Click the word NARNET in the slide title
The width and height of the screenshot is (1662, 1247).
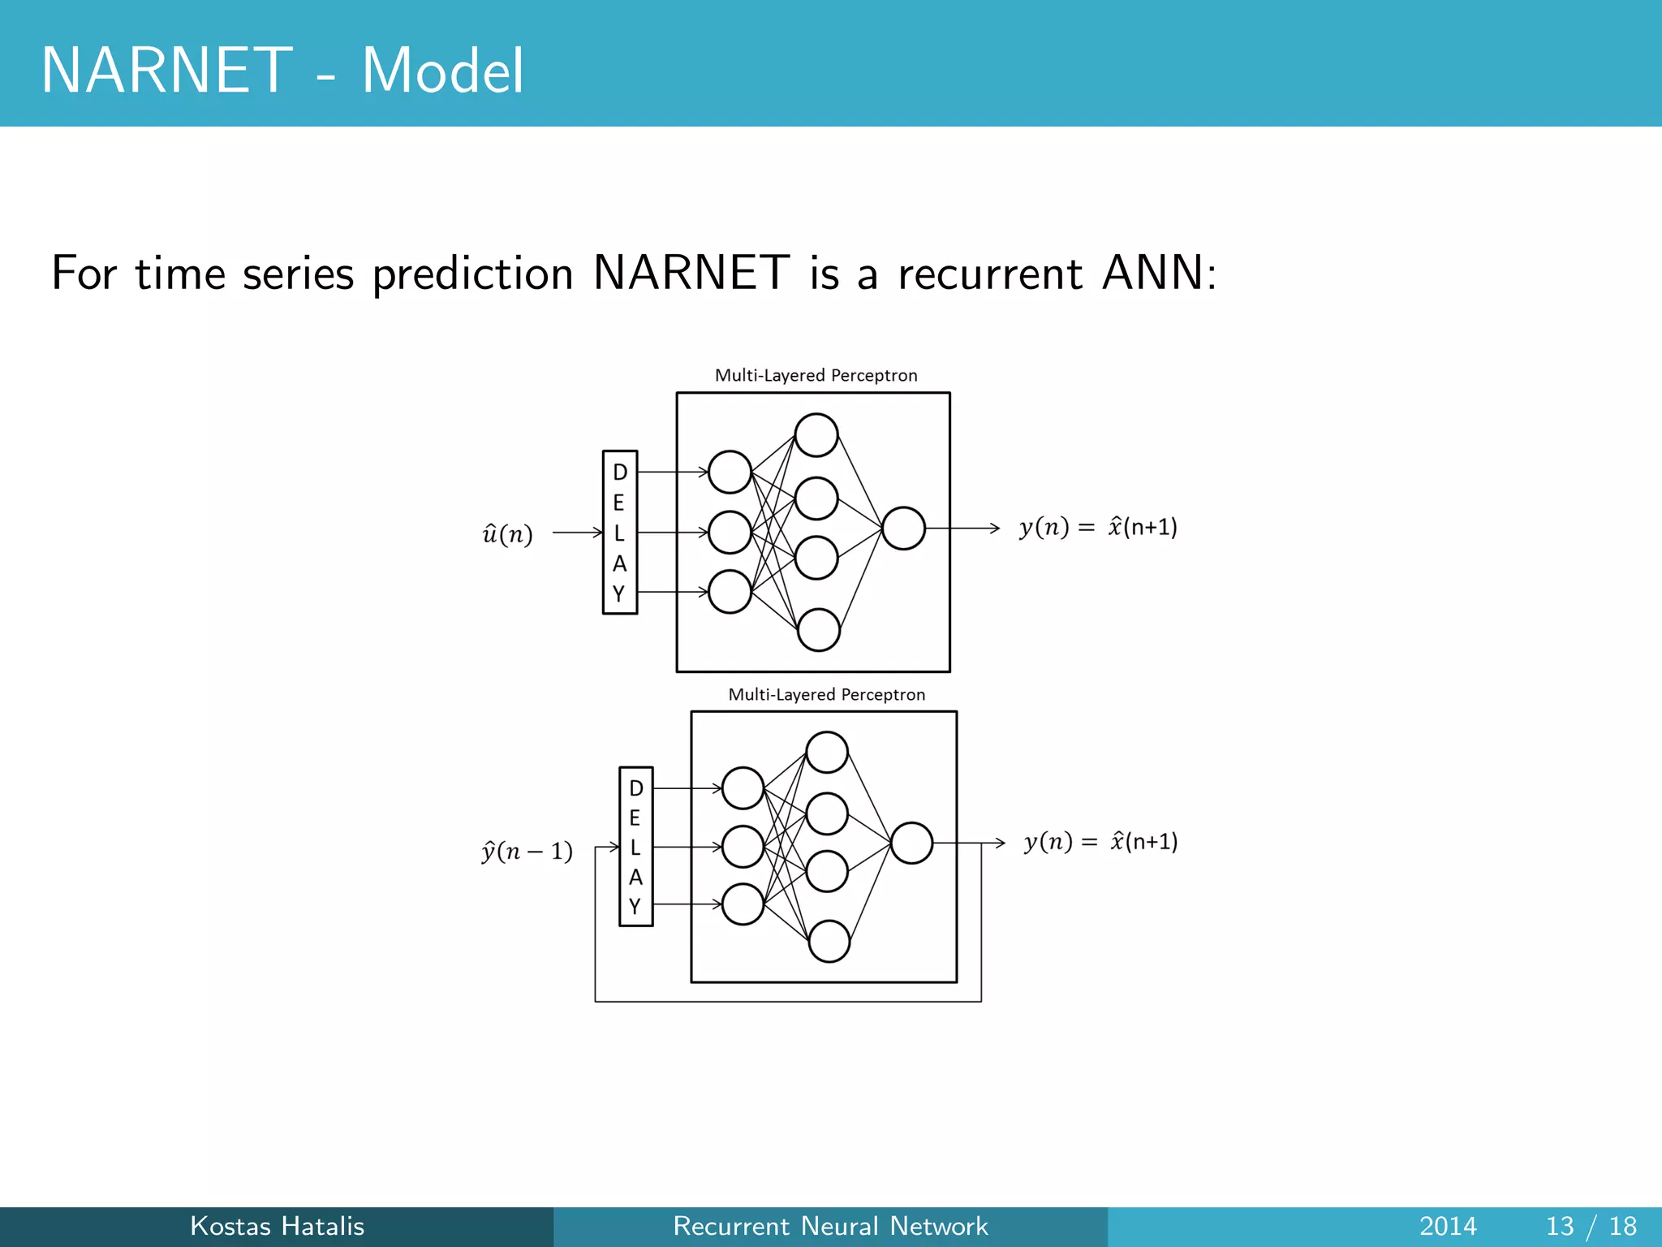pyautogui.click(x=166, y=71)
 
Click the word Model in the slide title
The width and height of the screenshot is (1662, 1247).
pyautogui.click(x=442, y=71)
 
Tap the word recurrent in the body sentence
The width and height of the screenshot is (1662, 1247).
pyautogui.click(x=990, y=273)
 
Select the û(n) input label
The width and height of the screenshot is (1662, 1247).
pyautogui.click(x=508, y=534)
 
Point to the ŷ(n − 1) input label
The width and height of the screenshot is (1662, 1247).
pyautogui.click(x=527, y=851)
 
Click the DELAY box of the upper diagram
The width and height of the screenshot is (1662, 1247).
pyautogui.click(x=619, y=533)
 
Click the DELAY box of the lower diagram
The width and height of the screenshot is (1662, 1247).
pyautogui.click(x=635, y=846)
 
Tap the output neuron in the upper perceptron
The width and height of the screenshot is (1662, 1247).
pyautogui.click(x=903, y=529)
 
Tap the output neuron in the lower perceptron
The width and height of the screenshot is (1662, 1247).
pyautogui.click(x=911, y=843)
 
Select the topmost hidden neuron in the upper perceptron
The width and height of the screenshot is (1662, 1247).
pyautogui.click(x=816, y=435)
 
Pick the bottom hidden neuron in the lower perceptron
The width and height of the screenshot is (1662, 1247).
pyautogui.click(x=829, y=941)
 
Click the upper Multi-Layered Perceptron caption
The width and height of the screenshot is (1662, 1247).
pyautogui.click(x=816, y=375)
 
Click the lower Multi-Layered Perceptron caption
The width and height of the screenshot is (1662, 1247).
pyautogui.click(x=826, y=694)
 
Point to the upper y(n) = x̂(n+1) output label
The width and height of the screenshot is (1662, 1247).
pyautogui.click(x=1098, y=528)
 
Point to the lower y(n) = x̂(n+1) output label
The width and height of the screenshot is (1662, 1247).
pyautogui.click(x=1100, y=842)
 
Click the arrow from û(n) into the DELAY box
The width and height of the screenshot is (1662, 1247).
pyautogui.click(x=577, y=533)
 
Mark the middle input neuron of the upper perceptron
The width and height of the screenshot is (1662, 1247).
pyautogui.click(x=730, y=533)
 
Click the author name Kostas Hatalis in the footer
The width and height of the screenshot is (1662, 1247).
pyautogui.click(x=277, y=1226)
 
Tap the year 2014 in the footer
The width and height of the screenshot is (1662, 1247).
pyautogui.click(x=1448, y=1226)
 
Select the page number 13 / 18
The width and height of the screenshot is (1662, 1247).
pyautogui.click(x=1591, y=1226)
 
